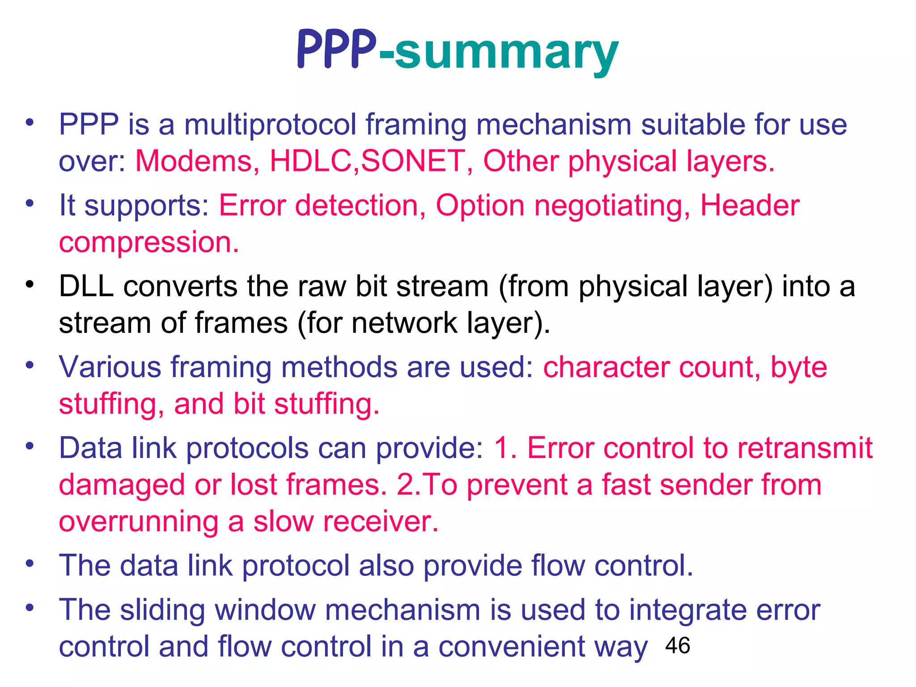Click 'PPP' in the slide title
(336, 50)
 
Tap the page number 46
(678, 645)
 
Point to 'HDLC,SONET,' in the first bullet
(371, 161)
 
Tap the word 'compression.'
(149, 242)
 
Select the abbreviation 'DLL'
(86, 286)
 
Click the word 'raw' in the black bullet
(326, 286)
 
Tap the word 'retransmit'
(805, 448)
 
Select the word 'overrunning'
(139, 522)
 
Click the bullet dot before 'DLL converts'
(30, 284)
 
